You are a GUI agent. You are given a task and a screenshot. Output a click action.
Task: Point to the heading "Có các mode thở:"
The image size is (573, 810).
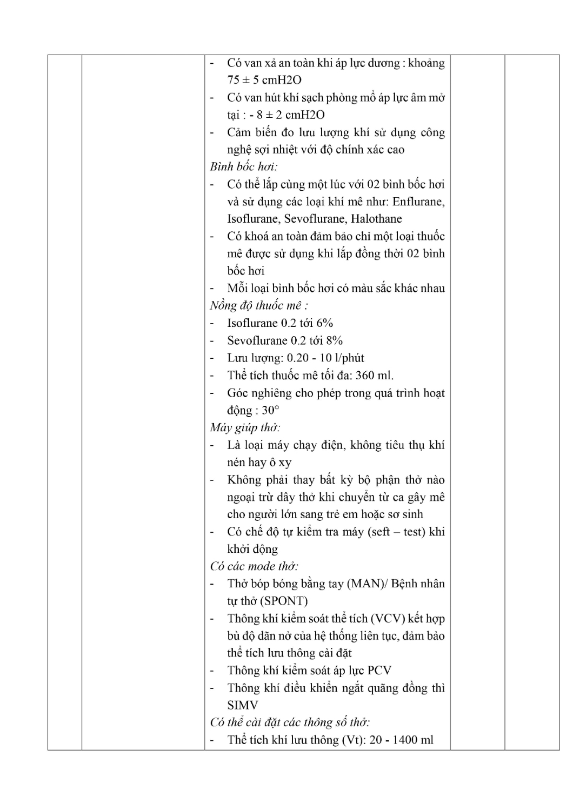254,567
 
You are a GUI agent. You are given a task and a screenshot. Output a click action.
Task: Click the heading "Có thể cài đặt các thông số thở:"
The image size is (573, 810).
290,722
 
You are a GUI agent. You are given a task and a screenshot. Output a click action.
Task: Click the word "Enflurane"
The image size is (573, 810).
418,202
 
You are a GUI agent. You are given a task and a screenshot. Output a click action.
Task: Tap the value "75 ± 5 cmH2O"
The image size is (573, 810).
264,80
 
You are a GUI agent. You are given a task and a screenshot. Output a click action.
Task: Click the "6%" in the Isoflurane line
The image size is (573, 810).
324,323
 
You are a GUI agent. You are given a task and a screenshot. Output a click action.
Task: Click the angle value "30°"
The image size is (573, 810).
270,410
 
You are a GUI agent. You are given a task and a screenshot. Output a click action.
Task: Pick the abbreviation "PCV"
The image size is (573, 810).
379,671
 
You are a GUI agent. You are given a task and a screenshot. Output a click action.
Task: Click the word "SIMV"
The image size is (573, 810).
243,705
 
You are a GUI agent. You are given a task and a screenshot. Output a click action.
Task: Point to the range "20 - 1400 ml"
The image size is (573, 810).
402,740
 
